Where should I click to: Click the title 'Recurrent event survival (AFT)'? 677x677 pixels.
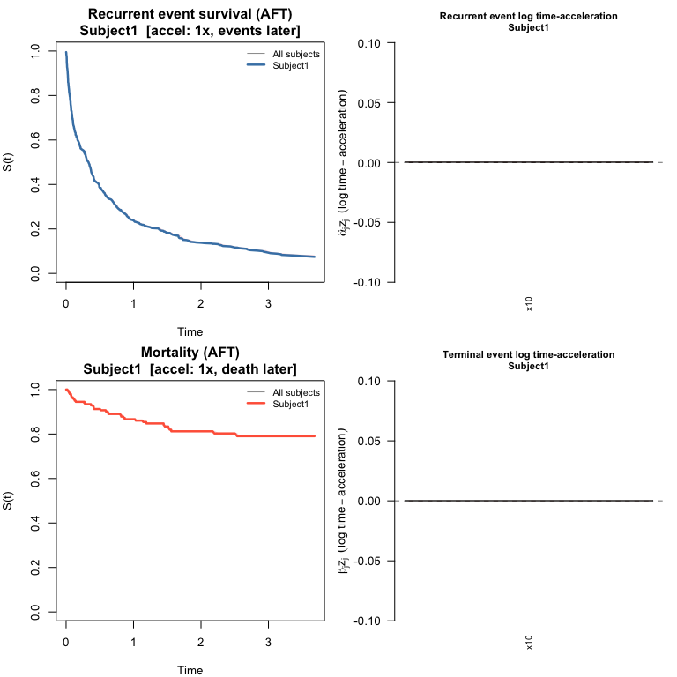(x=190, y=15)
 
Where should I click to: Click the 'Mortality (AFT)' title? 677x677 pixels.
(x=190, y=353)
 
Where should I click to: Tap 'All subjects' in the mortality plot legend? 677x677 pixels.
(x=296, y=392)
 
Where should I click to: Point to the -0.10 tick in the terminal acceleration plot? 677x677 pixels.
(x=368, y=621)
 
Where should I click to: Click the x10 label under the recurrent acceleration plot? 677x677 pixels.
(x=530, y=304)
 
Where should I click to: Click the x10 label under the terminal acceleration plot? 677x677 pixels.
(x=530, y=643)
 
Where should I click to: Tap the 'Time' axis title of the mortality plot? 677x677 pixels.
(x=190, y=670)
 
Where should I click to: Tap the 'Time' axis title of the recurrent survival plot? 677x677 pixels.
(x=190, y=332)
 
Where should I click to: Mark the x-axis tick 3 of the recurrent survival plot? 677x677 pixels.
(x=269, y=303)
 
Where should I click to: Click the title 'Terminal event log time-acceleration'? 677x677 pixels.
(x=528, y=354)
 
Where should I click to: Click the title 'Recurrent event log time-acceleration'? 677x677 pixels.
(x=528, y=17)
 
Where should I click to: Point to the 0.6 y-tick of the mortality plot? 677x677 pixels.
(x=35, y=478)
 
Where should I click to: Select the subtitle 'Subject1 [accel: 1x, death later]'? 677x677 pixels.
(x=190, y=368)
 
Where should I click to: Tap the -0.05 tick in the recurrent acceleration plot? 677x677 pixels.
(x=368, y=222)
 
